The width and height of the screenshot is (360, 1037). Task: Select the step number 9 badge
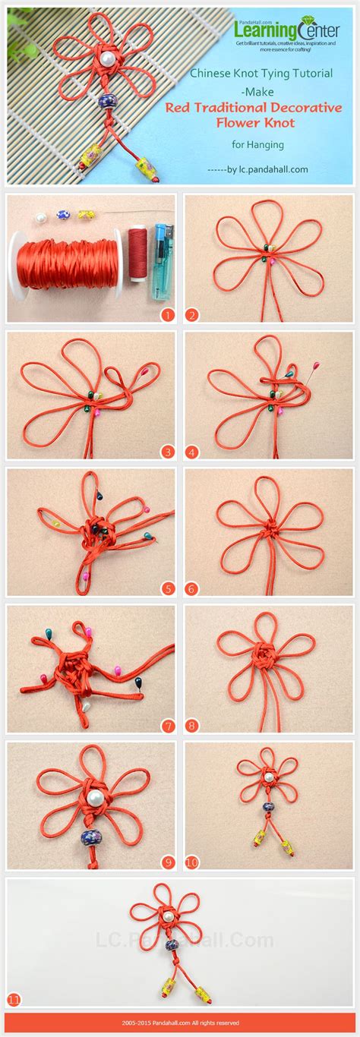tap(167, 862)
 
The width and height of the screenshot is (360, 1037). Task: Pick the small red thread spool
tap(137, 256)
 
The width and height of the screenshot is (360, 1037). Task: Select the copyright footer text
tap(180, 1023)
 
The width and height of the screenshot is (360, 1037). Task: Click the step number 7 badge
tap(167, 725)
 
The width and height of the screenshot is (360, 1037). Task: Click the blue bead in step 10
tap(267, 807)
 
